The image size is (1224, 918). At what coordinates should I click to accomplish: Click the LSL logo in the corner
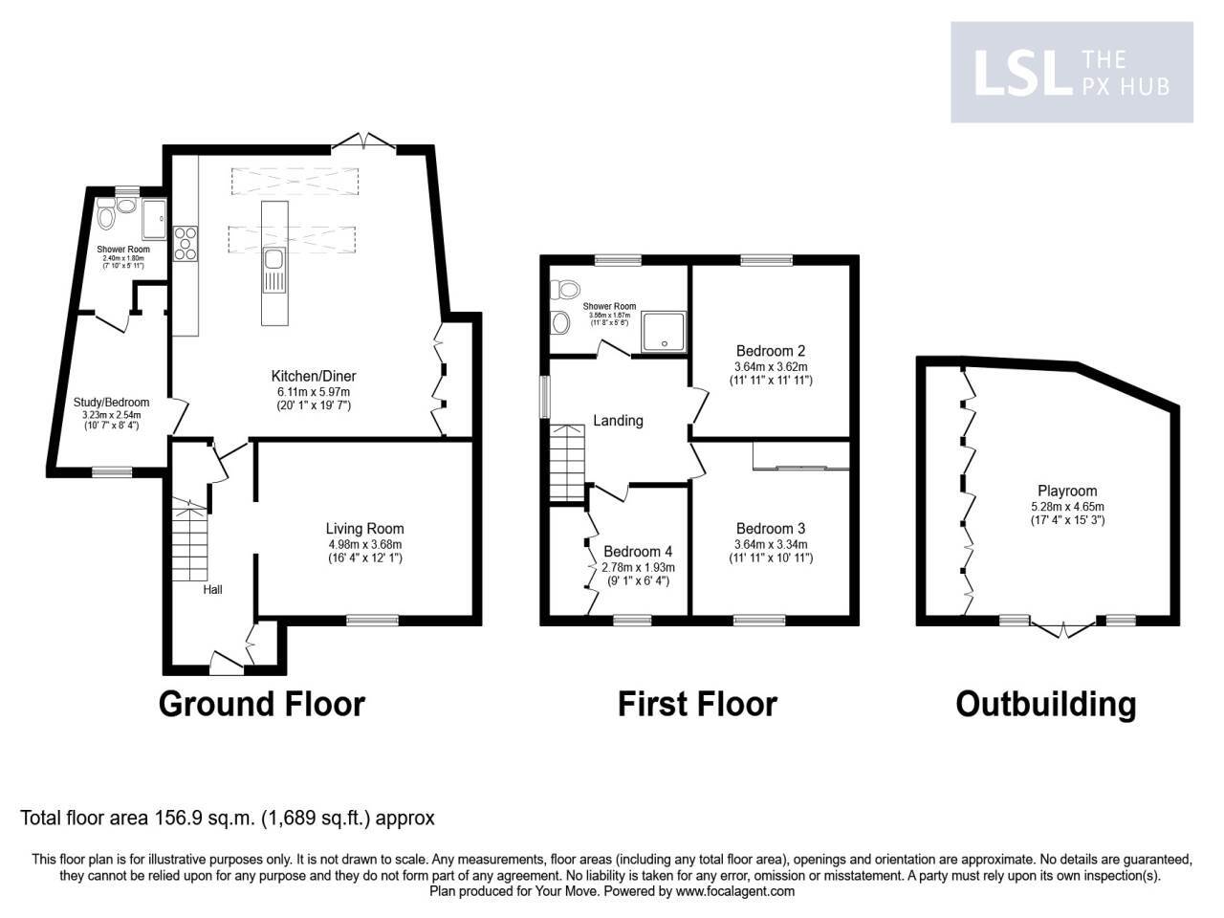coord(1071,74)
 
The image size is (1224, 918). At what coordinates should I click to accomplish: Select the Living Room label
coord(364,529)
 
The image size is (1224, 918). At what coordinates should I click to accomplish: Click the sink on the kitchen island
coord(273,259)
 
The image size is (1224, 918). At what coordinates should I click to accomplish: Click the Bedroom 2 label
coord(770,350)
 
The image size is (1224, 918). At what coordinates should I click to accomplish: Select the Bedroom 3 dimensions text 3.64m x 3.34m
coord(771,544)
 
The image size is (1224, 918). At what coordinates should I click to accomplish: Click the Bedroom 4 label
coord(638,552)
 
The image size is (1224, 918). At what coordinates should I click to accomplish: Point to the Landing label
coord(618,421)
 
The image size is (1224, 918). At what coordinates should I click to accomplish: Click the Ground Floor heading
coord(261,704)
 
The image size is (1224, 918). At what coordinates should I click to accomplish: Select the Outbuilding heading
coord(1046,704)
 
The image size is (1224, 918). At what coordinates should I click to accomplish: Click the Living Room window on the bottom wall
coord(372,621)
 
